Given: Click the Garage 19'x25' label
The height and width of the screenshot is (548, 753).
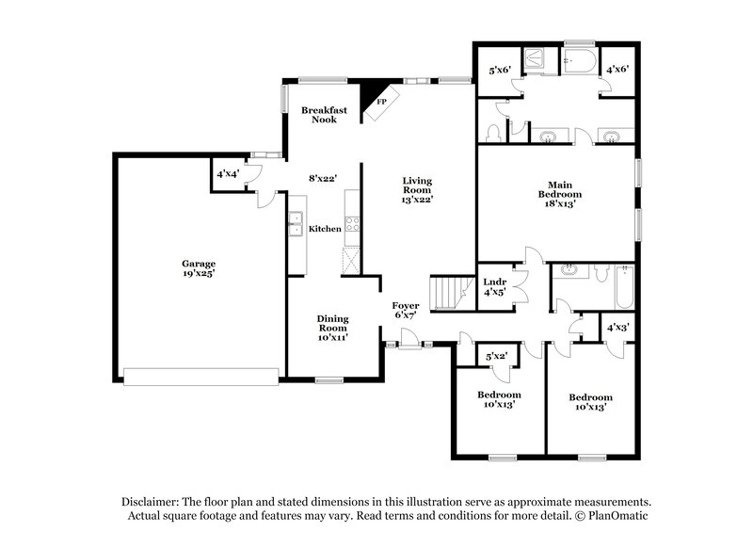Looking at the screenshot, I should point(199,268).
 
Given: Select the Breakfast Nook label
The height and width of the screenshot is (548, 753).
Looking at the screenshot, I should point(324,115).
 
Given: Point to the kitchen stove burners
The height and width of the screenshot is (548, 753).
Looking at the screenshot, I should point(352,224).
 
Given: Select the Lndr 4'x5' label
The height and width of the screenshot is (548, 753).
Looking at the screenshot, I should point(495,287).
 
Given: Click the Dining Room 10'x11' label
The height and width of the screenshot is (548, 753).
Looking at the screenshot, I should point(332,328).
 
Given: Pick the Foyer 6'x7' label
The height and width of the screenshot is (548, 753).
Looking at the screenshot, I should point(407,310).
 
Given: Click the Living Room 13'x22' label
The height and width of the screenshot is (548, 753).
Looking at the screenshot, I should point(417,189).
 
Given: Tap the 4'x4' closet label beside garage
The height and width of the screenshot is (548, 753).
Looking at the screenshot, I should point(227,175).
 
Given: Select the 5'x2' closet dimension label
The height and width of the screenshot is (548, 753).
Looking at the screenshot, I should point(496,356).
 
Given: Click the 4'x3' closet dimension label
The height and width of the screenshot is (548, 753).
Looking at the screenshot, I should point(617,328).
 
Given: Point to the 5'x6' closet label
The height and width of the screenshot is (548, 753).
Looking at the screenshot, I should point(499,70).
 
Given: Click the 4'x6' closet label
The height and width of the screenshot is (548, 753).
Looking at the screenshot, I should point(617,70).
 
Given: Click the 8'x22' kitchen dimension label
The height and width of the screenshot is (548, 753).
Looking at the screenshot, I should point(323,177).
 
